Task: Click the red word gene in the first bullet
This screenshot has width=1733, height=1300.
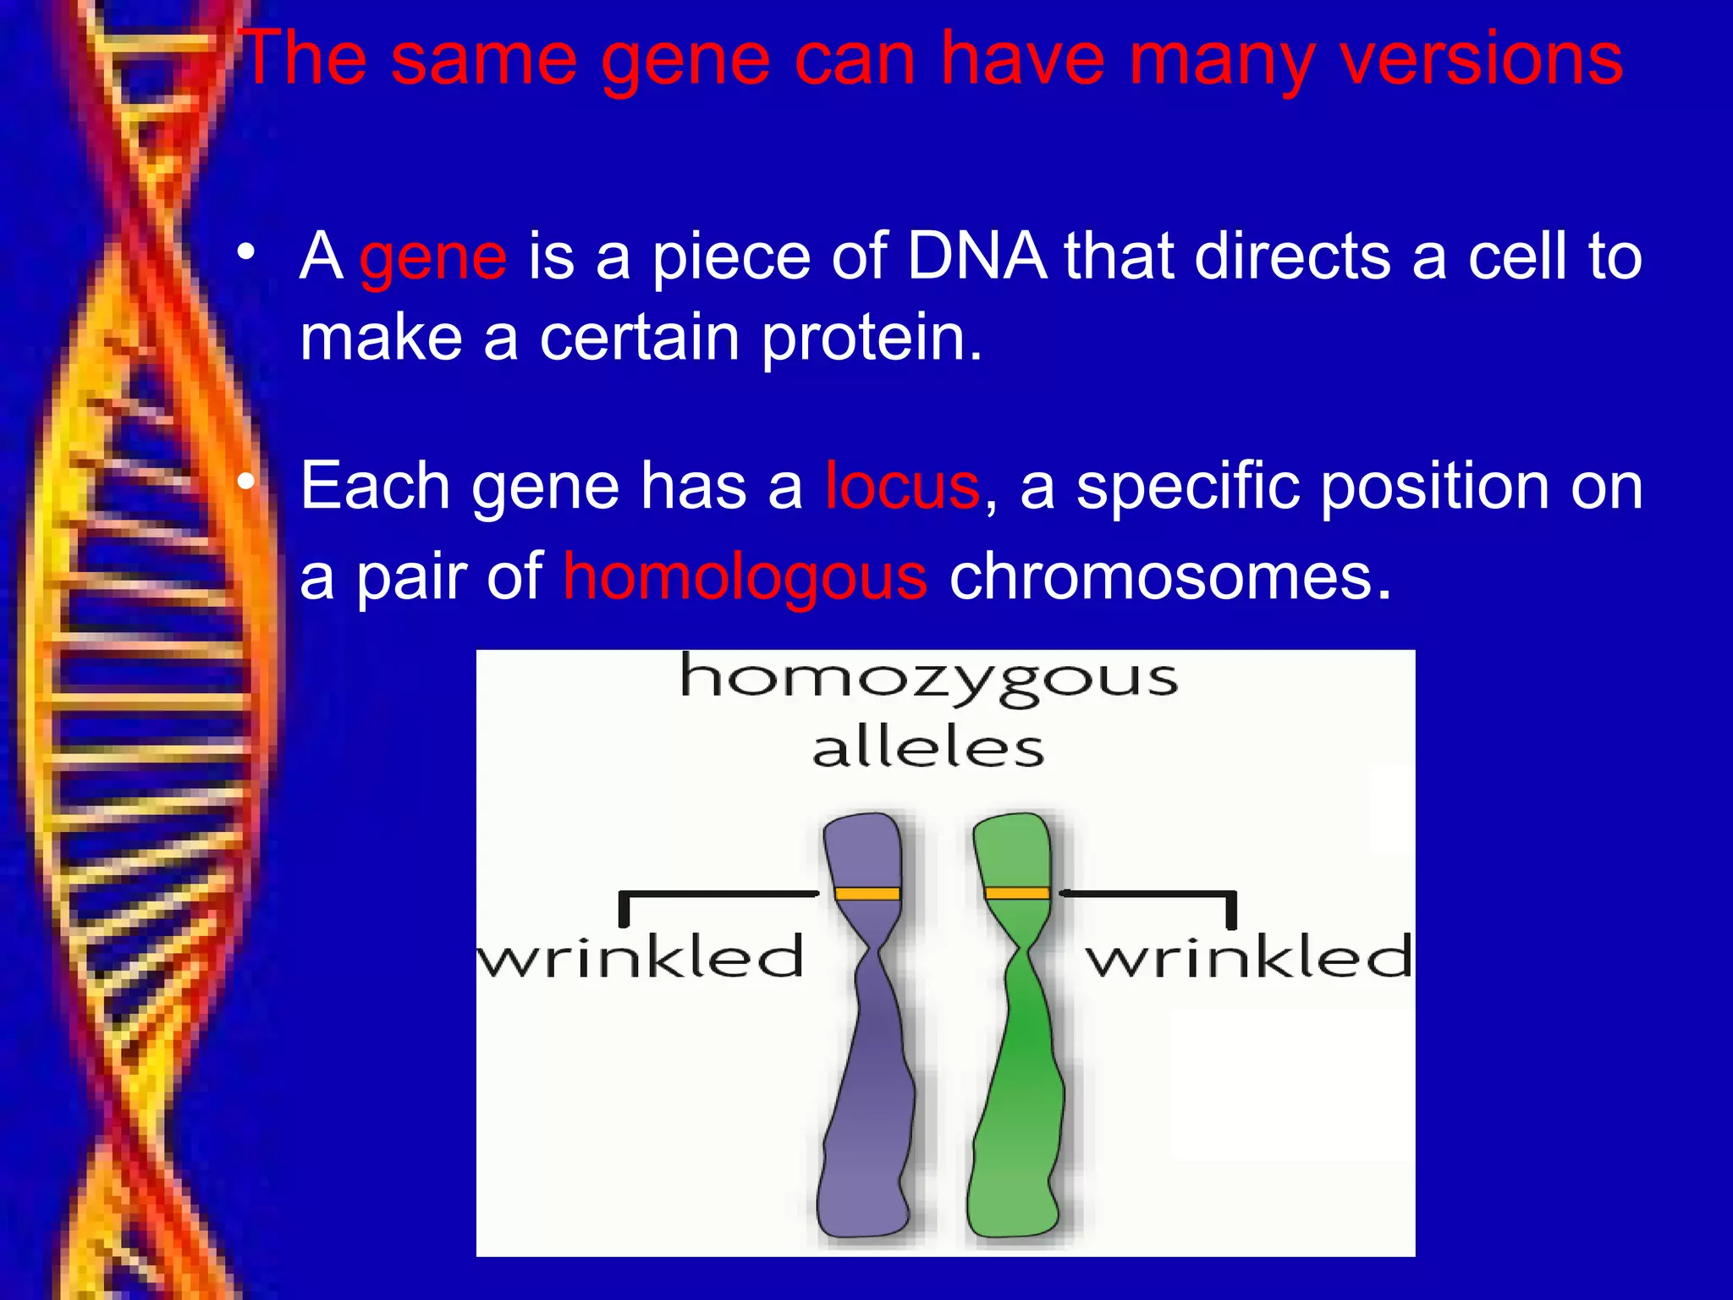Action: tap(432, 258)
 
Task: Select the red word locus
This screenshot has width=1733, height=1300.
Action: tap(902, 487)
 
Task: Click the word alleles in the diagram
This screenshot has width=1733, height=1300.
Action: tap(928, 748)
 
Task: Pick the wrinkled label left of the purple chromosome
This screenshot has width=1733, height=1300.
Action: tap(641, 957)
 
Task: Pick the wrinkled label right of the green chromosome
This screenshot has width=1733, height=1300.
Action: tap(1249, 957)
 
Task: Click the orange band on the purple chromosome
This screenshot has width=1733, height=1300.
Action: tap(866, 894)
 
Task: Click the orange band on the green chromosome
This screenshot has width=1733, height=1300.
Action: tap(1017, 894)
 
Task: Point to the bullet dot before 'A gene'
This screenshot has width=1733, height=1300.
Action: tap(245, 251)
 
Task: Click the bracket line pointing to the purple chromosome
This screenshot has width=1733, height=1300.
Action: tap(719, 894)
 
